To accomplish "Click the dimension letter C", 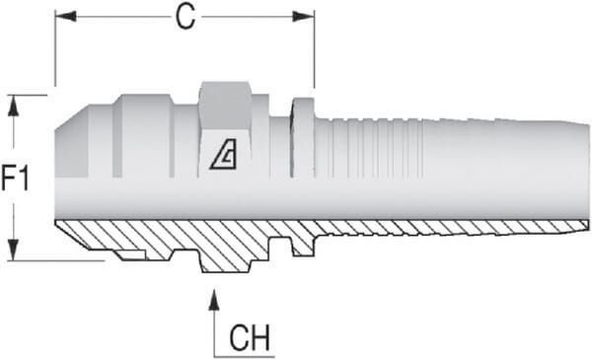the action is coord(185,18).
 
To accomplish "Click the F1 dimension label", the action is coord(15,179).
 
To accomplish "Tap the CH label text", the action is coord(250,337).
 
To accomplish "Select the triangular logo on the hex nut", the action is coord(224,154).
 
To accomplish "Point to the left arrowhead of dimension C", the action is coord(66,16).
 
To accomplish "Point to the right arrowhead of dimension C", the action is coord(304,17).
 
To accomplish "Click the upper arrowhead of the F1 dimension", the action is coord(13,106).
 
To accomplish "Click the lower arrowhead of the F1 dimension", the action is coord(13,250).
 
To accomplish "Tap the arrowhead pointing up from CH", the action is coord(214,300).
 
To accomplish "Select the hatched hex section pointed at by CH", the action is coord(225,260).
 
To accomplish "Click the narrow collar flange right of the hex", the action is coord(303,137).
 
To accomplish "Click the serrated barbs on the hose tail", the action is coord(376,148).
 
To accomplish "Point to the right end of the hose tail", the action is coord(589,172).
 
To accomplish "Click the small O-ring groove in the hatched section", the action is coord(131,254).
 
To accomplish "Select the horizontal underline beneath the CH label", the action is coord(245,356).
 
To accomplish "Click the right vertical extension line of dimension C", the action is coord(314,50).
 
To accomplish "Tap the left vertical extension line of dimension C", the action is coord(55,48).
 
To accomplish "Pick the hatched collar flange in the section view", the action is coord(303,246).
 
